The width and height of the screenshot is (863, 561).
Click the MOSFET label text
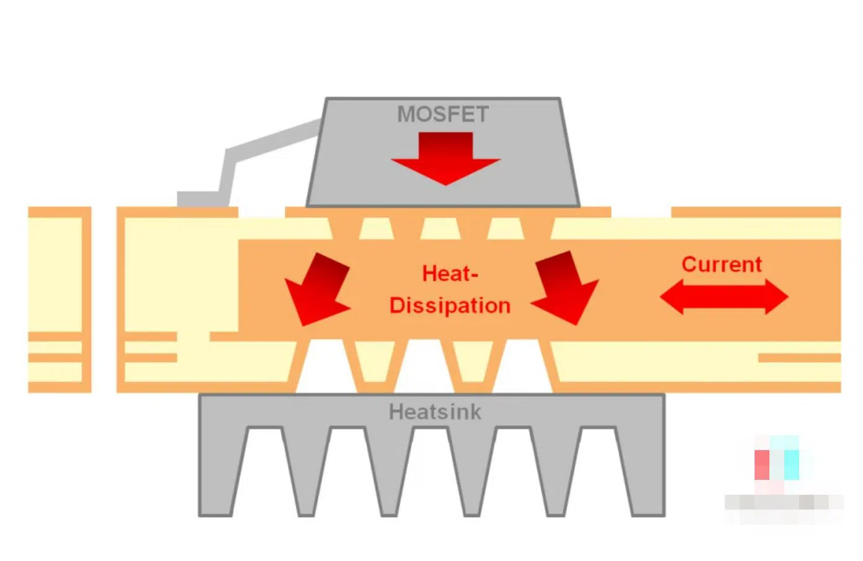point(443,115)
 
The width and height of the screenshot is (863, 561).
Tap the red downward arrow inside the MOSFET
point(445,158)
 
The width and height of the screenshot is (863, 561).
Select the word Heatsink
point(435,412)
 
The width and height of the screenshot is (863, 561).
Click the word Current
point(722,264)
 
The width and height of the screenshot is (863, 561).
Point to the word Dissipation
point(450,305)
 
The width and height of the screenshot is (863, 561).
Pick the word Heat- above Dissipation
point(450,273)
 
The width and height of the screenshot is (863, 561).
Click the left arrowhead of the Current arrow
point(673,297)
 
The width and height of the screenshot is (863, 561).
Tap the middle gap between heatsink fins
point(431,471)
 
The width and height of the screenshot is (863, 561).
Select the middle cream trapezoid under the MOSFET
point(440,228)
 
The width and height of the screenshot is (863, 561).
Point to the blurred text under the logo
point(783,502)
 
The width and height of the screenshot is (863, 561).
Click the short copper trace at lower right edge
point(799,358)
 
